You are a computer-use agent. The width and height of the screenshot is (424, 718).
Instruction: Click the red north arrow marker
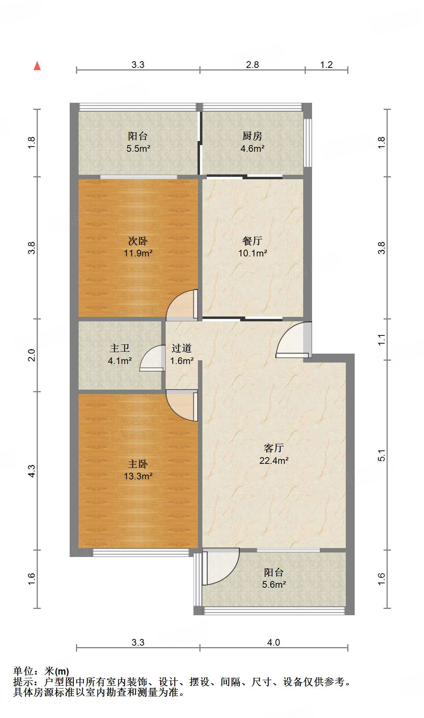37,66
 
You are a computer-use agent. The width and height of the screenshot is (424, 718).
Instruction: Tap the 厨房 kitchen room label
252,136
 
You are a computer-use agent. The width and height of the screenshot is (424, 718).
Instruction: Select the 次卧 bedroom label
138,241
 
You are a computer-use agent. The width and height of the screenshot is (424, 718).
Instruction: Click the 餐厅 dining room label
252,241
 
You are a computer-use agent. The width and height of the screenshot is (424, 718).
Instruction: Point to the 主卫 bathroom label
120,348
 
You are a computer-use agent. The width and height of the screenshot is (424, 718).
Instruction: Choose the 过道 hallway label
182,348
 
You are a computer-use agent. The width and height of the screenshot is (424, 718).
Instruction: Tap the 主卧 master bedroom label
138,464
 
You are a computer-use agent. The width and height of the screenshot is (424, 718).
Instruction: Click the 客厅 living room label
274,448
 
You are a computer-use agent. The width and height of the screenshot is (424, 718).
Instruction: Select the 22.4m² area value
274,461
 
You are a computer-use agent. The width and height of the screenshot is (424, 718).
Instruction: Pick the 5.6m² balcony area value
274,585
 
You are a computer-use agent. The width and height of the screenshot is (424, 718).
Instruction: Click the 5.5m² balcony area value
138,149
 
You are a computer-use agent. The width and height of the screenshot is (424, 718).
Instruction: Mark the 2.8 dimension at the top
252,65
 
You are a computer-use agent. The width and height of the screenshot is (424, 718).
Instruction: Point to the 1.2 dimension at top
326,65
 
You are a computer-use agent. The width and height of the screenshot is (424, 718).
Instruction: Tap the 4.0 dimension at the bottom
274,642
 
